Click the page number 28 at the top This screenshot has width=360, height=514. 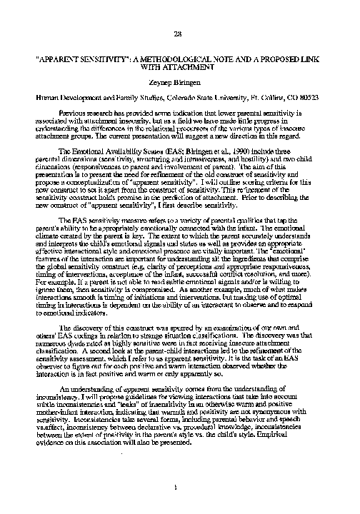click(179, 34)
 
